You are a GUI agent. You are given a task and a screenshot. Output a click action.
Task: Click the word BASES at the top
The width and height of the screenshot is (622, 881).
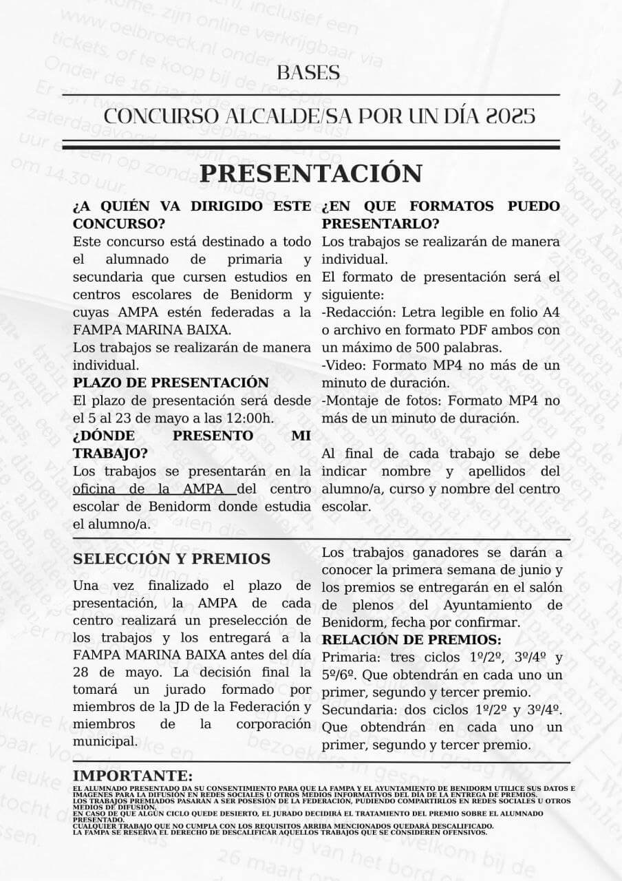[x=308, y=72]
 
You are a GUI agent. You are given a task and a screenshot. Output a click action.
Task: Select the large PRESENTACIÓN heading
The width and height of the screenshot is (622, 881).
[x=311, y=173]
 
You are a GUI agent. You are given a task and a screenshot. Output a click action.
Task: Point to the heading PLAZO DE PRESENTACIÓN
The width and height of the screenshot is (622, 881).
[x=171, y=383]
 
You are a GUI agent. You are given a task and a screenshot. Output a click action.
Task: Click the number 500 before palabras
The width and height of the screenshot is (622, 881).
[x=420, y=348]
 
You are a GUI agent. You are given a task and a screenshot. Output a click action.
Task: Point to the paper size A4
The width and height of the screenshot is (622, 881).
[x=550, y=312]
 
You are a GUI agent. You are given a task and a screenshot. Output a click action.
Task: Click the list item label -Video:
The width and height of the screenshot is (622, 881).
[x=343, y=365]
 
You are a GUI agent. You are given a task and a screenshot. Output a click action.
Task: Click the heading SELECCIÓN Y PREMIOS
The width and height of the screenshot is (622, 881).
[x=171, y=559]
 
